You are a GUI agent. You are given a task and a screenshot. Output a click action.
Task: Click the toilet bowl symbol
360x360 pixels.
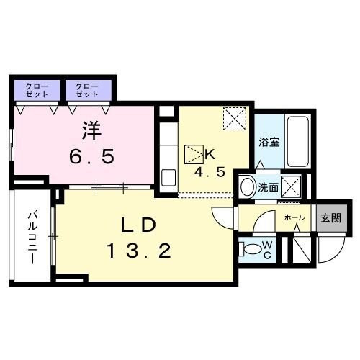(252, 249)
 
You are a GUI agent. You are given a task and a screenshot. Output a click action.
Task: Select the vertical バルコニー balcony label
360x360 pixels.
(33, 237)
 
